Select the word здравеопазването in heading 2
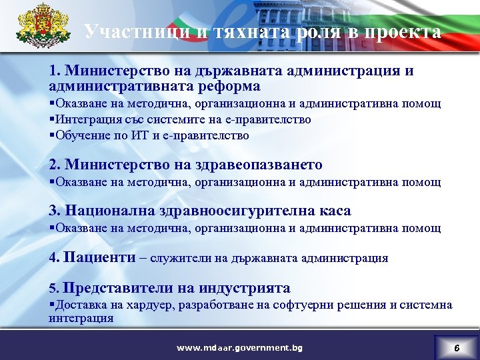tap(266, 165)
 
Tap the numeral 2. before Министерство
tap(55, 165)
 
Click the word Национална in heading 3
tap(110, 211)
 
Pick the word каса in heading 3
tap(331, 211)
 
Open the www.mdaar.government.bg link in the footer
tap(239, 347)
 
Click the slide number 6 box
tap(456, 347)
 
